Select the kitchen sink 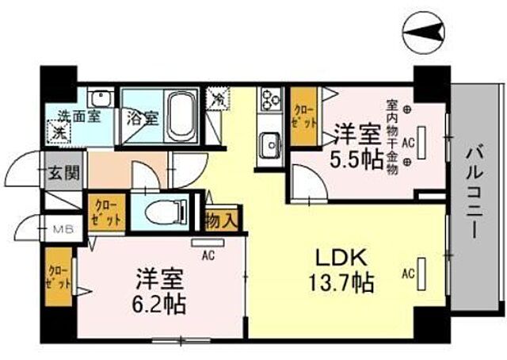pos(270,146)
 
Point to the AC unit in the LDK pos(421,275)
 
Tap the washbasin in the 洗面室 pos(101,98)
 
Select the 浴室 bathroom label pos(143,119)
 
